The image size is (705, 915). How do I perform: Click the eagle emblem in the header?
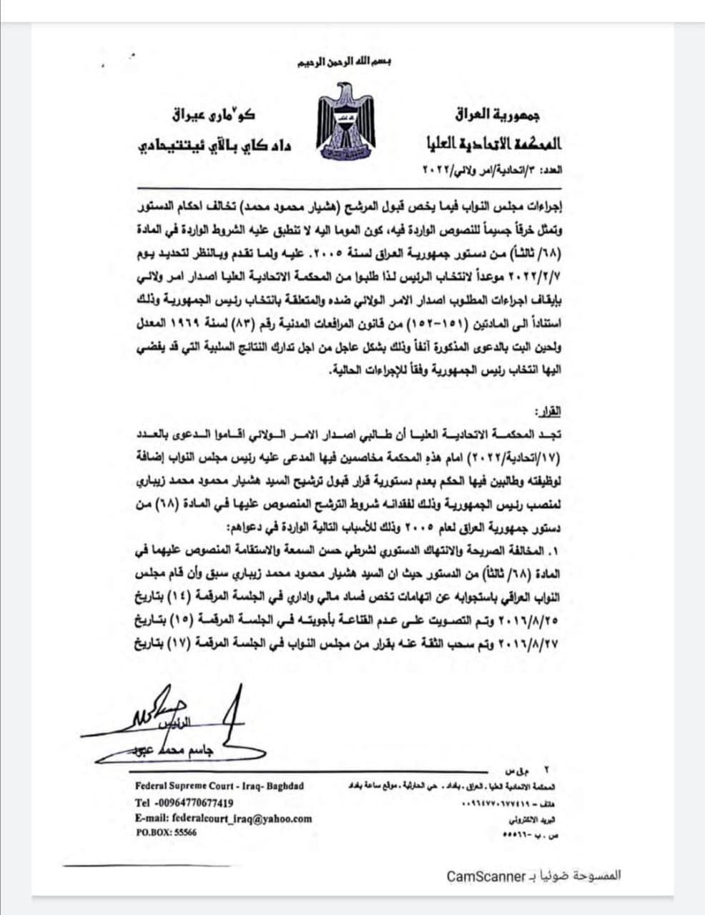347,121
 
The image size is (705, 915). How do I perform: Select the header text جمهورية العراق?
498,114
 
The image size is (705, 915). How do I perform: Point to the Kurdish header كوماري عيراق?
213,114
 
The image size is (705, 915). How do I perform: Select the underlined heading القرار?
548,413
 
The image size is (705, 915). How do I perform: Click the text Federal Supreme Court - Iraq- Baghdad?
220,786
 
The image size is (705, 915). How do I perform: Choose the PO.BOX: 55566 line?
166,833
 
